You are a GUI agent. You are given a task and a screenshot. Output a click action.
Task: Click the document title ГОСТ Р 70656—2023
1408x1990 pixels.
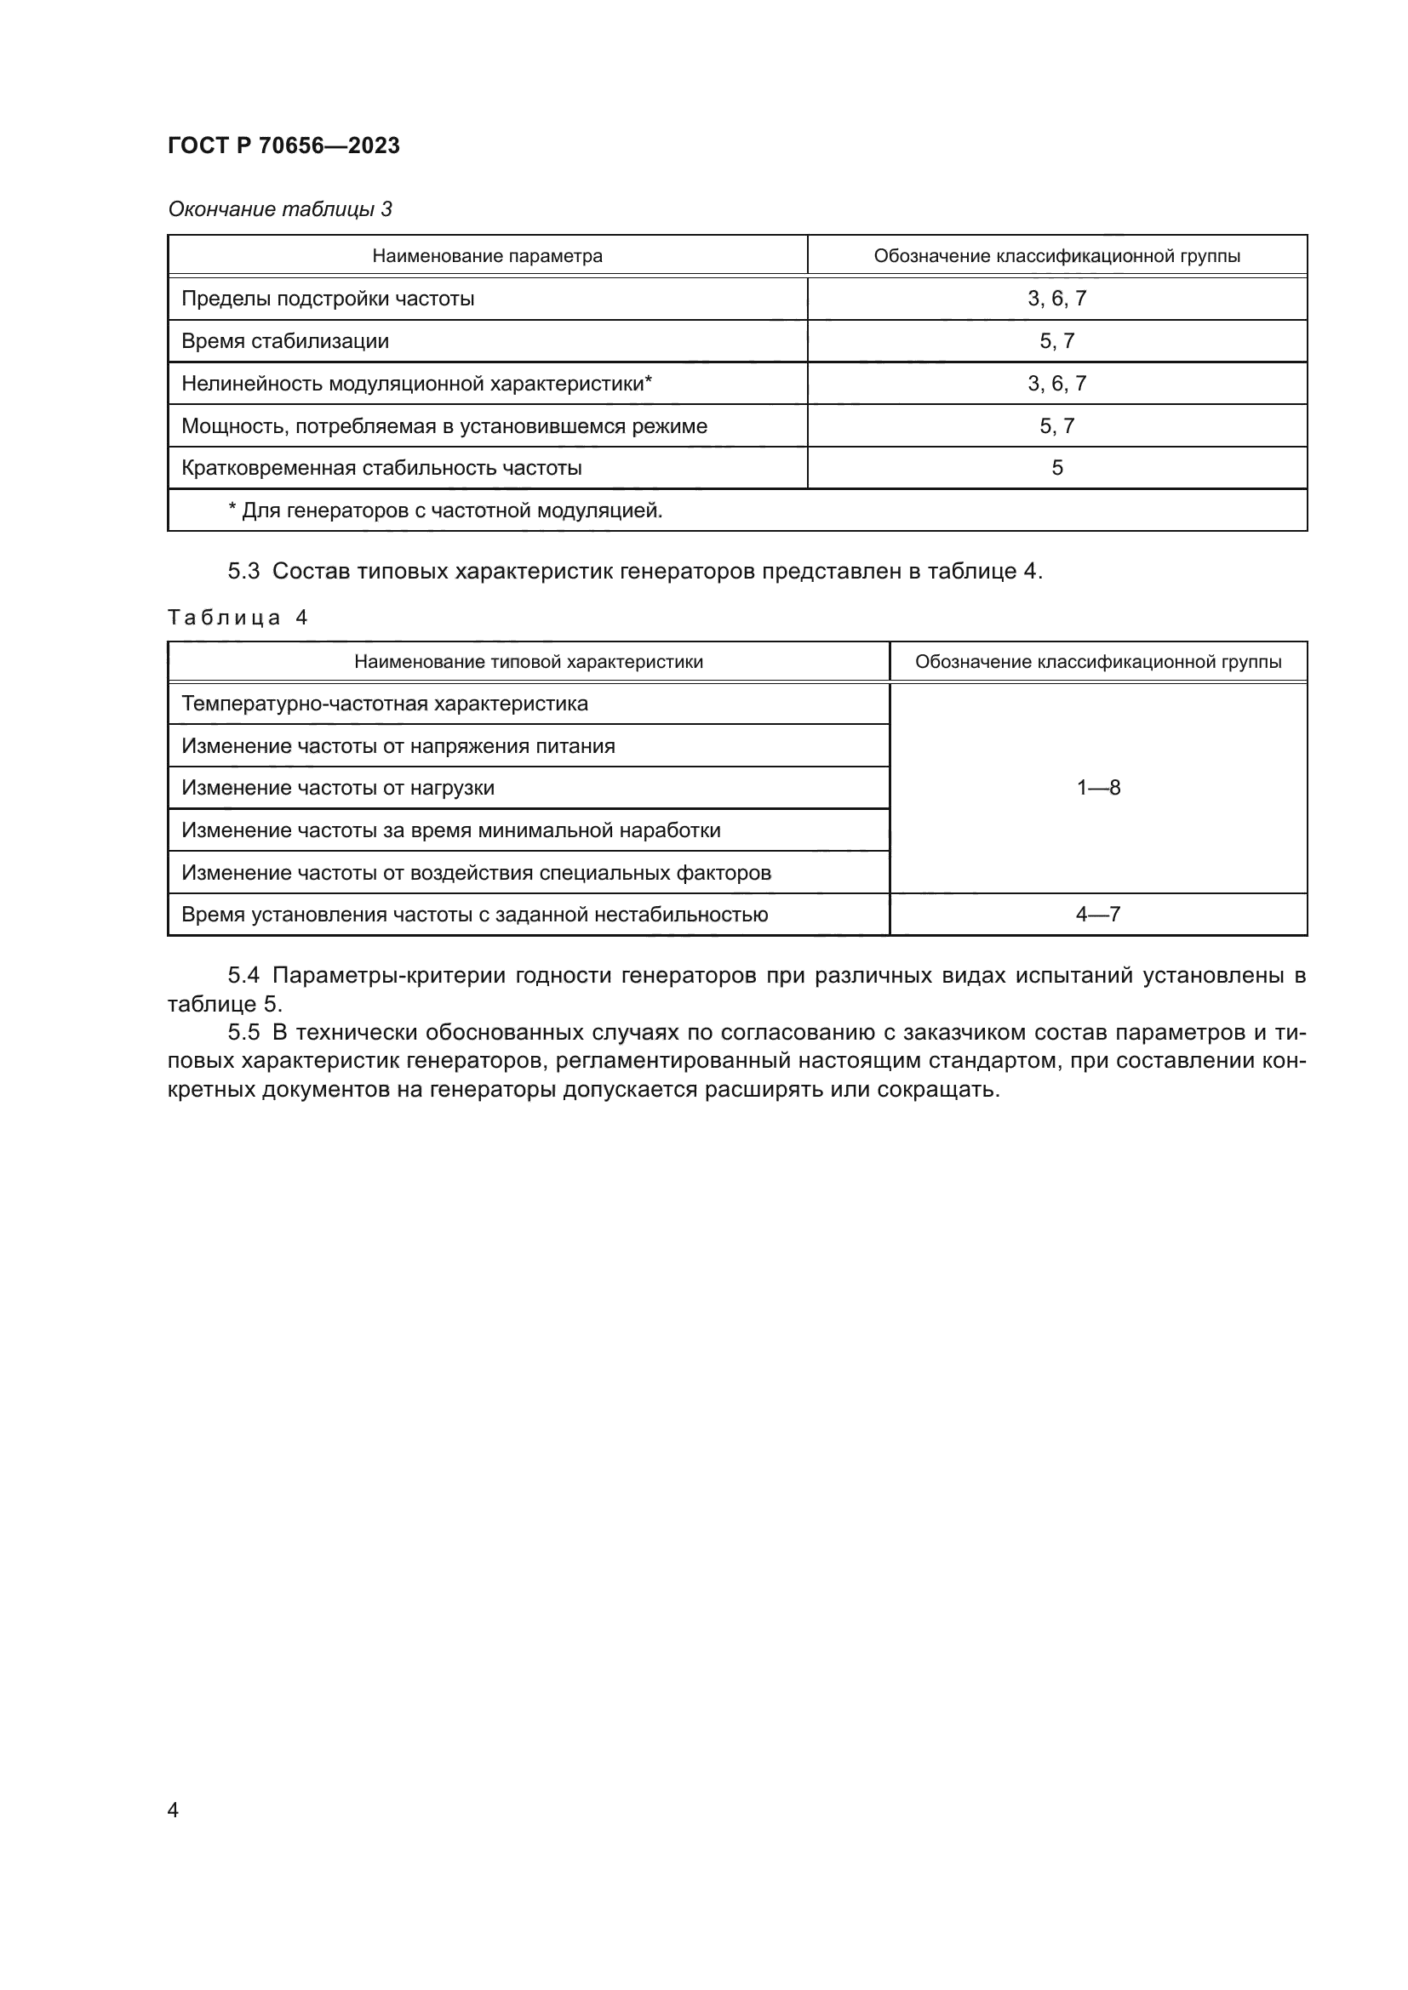(283, 145)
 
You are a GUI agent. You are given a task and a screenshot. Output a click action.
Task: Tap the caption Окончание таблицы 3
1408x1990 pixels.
(279, 209)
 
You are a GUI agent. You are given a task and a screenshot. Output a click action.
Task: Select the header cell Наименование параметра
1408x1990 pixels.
(486, 256)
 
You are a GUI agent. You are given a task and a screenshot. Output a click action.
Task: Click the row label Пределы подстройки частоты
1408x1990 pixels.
(328, 299)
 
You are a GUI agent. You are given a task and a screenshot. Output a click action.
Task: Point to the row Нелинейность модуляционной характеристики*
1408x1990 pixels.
(416, 383)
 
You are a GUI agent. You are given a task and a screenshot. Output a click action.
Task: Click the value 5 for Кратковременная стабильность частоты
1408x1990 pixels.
(1057, 468)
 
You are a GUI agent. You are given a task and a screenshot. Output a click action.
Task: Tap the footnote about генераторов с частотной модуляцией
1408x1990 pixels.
(444, 510)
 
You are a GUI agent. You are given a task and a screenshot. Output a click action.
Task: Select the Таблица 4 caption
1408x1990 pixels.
(238, 617)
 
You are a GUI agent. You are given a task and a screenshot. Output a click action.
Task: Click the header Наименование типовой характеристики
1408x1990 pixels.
(528, 662)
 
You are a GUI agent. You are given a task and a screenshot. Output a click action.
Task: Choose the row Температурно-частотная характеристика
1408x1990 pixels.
(384, 704)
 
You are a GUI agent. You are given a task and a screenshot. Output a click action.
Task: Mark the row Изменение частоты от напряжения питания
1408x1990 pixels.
(398, 746)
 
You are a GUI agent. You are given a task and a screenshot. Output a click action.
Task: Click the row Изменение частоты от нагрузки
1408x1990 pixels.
(337, 788)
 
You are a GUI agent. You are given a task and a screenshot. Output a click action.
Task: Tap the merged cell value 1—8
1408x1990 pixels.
(1097, 788)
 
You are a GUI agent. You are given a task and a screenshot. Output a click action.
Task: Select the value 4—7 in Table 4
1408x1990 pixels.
(1097, 915)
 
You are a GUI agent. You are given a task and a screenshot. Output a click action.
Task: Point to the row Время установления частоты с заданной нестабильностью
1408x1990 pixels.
(474, 915)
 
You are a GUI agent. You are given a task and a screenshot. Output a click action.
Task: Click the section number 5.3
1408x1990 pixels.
(243, 571)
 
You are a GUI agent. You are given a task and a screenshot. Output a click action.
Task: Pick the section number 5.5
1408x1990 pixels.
(243, 1032)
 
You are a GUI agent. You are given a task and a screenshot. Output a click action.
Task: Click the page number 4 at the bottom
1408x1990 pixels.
(173, 1810)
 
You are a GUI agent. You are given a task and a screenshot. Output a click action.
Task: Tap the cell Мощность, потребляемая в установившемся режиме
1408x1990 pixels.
(444, 425)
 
